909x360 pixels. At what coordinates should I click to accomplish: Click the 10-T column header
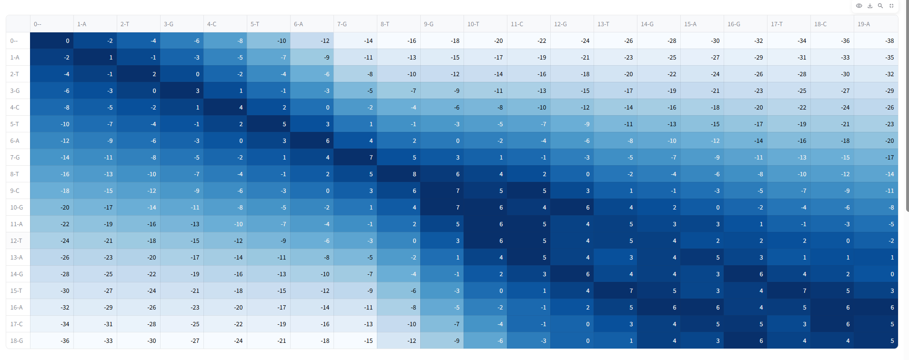(485, 24)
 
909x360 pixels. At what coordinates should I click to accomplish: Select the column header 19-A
(876, 24)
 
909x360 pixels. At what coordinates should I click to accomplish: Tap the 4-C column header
(225, 24)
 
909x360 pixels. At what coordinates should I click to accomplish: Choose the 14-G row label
(18, 274)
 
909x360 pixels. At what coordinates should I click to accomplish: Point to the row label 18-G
(18, 341)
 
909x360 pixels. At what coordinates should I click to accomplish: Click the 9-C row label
(18, 191)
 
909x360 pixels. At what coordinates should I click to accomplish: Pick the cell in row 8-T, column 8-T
(399, 174)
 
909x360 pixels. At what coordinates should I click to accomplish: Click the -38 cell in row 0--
(876, 41)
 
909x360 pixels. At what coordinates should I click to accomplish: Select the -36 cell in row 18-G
(52, 341)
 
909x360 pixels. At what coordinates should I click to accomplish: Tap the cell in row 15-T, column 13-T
(616, 291)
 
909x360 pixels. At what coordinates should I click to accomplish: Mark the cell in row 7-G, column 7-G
(355, 158)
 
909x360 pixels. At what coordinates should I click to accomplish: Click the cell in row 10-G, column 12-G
(572, 208)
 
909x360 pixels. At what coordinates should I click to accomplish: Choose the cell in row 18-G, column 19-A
(876, 341)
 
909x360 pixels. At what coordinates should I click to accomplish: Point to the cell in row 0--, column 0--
(52, 41)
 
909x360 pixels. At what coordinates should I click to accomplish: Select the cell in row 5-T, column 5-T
(269, 124)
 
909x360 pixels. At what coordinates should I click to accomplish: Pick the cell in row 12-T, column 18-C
(832, 241)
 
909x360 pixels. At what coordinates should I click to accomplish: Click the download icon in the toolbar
(870, 6)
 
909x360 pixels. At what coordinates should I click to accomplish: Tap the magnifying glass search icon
(880, 6)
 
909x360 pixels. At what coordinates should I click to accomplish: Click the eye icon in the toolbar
(859, 6)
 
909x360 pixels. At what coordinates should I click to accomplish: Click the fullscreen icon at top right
(891, 6)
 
